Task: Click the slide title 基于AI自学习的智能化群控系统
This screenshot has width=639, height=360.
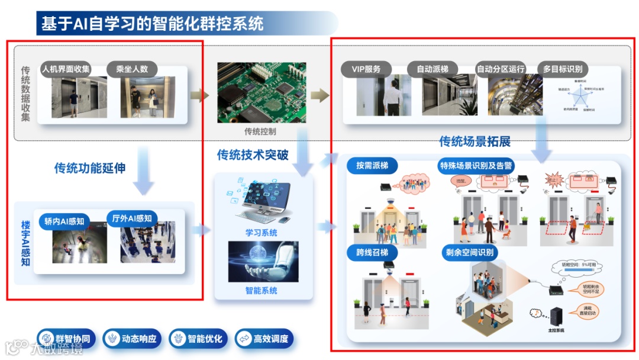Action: (153, 24)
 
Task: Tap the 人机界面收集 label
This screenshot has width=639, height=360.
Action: (66, 69)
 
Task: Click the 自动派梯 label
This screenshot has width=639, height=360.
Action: (432, 69)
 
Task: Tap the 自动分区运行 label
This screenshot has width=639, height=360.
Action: (501, 69)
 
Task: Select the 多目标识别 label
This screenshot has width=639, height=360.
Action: (563, 69)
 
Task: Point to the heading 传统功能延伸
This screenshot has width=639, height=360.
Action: (90, 168)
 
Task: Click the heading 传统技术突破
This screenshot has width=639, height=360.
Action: (253, 155)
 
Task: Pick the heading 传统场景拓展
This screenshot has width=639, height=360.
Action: (475, 142)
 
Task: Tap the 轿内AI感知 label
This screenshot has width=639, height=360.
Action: (64, 222)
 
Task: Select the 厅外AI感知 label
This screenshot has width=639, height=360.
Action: (131, 218)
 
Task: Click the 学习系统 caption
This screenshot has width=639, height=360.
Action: (261, 233)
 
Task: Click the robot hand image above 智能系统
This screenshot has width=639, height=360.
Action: (263, 261)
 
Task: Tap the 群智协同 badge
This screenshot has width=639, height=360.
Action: (67, 339)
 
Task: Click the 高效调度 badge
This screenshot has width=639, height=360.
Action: (264, 339)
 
